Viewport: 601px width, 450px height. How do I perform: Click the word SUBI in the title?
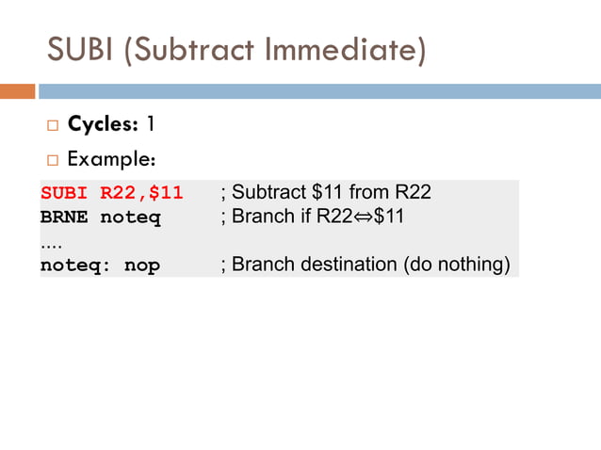(x=83, y=49)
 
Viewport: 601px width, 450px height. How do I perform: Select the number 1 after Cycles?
(x=150, y=124)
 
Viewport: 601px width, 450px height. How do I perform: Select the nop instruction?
(x=142, y=265)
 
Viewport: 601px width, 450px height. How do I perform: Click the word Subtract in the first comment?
(x=269, y=193)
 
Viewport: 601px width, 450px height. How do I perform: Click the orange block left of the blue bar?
(x=17, y=91)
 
